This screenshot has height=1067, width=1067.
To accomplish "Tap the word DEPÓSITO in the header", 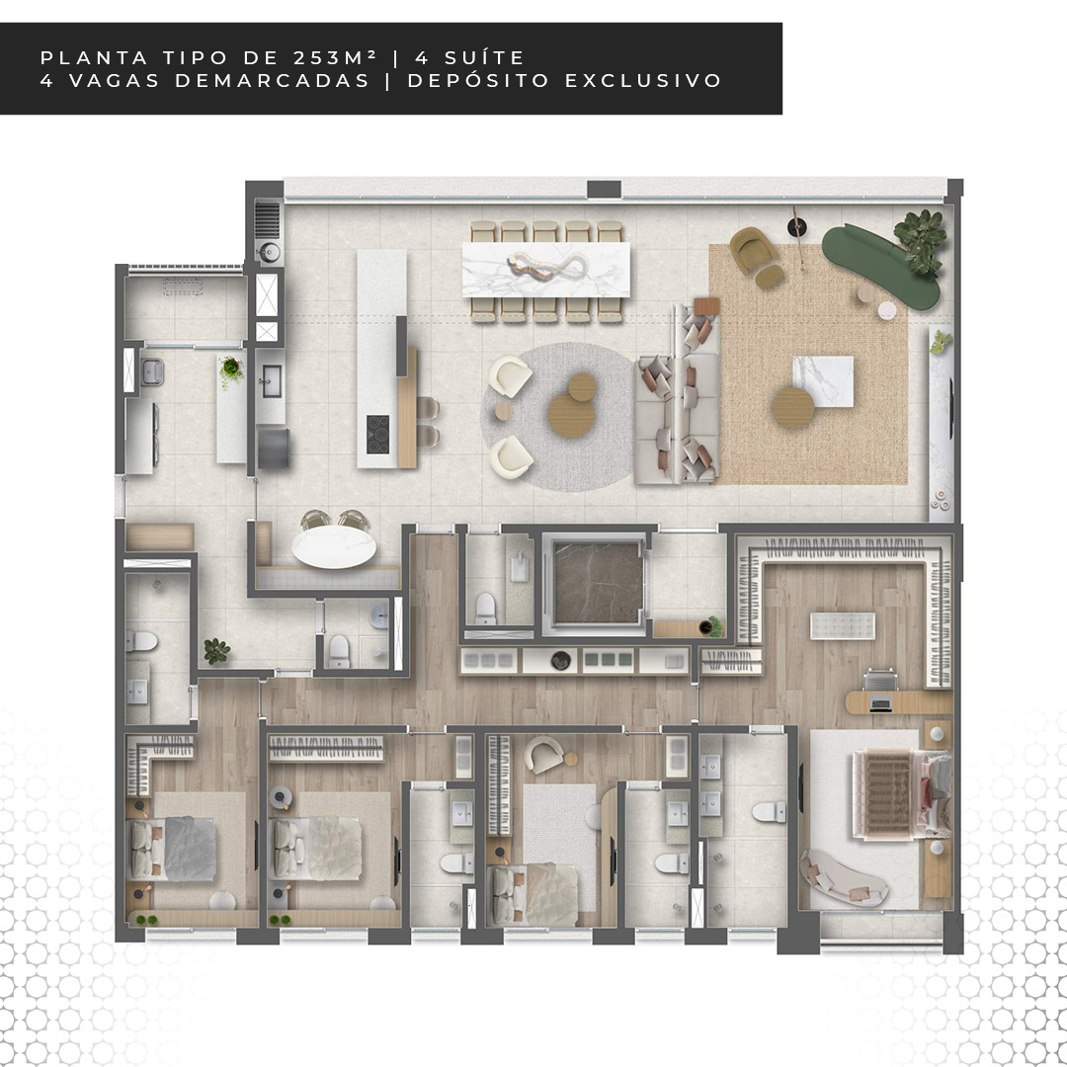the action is coord(478,80).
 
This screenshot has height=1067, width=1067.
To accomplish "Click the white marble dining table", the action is coord(545,270).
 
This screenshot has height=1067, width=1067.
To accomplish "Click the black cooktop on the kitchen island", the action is coord(377,434).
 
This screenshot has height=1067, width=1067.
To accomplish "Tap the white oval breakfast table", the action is coord(334,545).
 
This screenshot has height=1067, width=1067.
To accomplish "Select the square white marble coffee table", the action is coord(823,381).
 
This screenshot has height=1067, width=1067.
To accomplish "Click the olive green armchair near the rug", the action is coord(753,250).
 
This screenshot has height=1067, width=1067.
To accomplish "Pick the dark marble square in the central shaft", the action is coord(598,582).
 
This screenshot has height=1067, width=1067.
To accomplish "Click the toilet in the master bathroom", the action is coord(769,812).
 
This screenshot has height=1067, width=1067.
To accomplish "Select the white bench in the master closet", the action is coord(843,625).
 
